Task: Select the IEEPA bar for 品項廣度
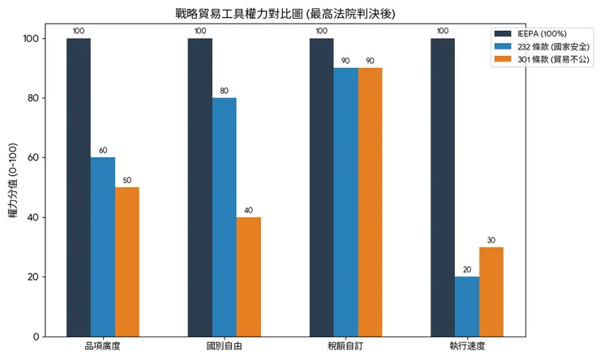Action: tap(79, 187)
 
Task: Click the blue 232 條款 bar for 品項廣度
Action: tap(103, 247)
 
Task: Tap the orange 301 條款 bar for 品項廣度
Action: tap(127, 262)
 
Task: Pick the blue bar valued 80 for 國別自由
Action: tap(225, 217)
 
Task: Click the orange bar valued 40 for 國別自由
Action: tap(249, 276)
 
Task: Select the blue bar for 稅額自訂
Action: tap(345, 202)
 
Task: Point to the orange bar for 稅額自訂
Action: tap(370, 202)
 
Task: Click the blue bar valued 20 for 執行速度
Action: tap(467, 306)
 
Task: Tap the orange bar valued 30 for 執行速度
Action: tap(491, 292)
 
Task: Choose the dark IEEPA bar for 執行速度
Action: tap(443, 187)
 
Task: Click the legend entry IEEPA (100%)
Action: tap(540, 34)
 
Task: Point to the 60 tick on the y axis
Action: tap(34, 158)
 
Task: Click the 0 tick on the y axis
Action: tap(36, 336)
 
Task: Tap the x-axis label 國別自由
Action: tap(225, 347)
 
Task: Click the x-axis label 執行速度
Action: tap(467, 347)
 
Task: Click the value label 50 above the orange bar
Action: tap(127, 180)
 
